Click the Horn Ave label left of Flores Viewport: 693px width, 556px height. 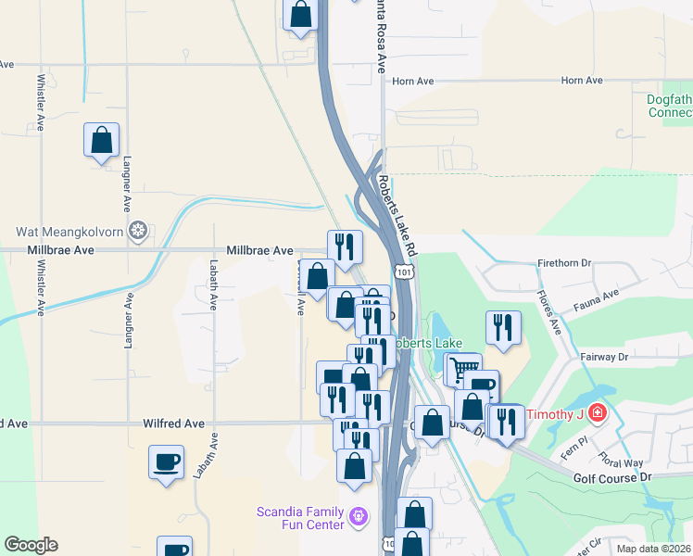click(412, 82)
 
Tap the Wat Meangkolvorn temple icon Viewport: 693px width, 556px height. click(138, 231)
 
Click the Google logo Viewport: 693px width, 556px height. click(31, 545)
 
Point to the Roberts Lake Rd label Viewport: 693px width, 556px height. click(398, 219)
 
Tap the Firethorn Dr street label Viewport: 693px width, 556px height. click(564, 263)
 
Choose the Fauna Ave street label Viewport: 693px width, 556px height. click(597, 297)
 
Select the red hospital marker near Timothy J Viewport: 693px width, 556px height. click(598, 411)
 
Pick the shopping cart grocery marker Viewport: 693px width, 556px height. click(464, 367)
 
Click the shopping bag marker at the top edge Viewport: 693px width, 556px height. click(300, 14)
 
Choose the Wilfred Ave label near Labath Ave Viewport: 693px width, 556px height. click(173, 423)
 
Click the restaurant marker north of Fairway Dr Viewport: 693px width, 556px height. click(503, 326)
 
